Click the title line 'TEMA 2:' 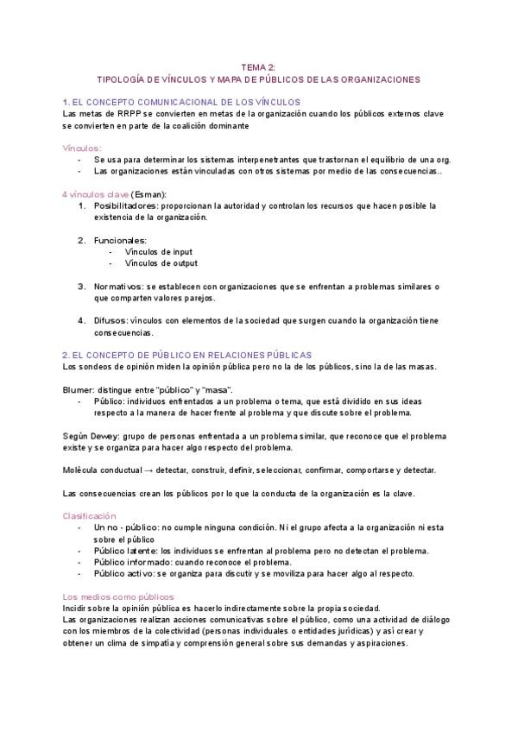tap(258, 66)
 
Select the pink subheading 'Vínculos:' tap(82, 148)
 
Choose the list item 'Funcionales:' tap(120, 240)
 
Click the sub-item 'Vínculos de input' tap(158, 251)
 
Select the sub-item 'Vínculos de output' tap(161, 263)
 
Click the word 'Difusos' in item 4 tap(110, 320)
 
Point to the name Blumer tap(78, 389)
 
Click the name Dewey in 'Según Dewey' tap(103, 435)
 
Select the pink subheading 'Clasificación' tap(90, 515)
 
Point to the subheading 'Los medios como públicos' tap(118, 596)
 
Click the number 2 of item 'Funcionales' tap(81, 240)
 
